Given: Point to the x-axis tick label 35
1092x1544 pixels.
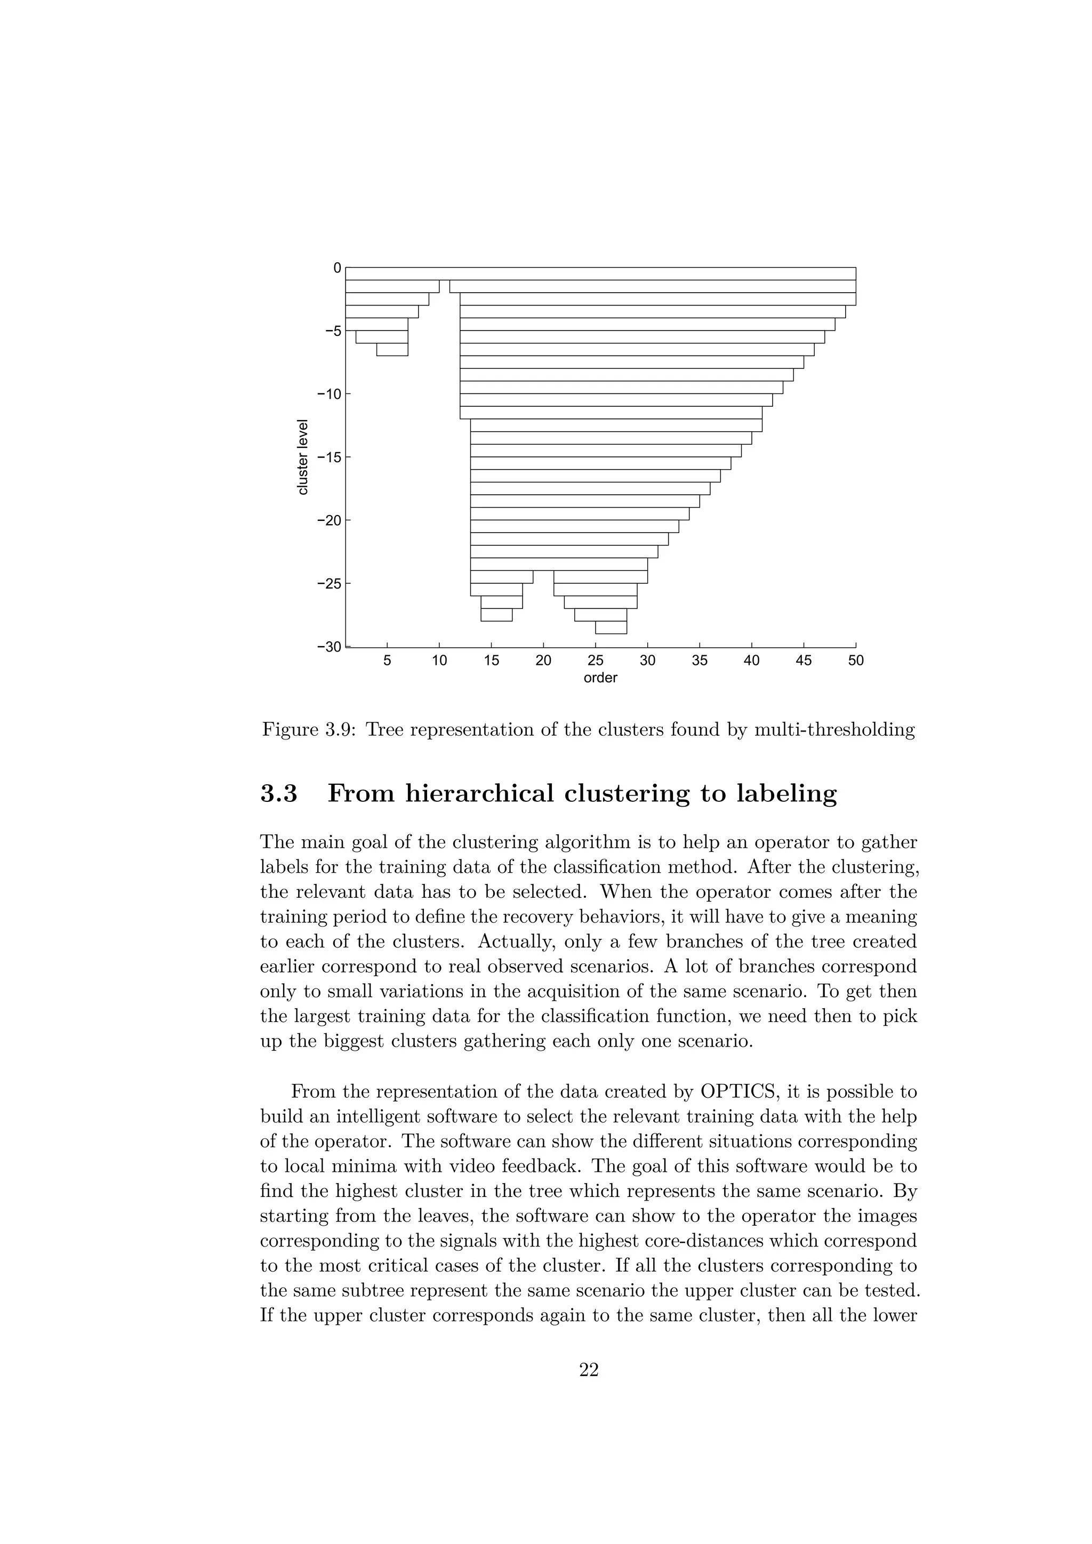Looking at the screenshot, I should pyautogui.click(x=700, y=661).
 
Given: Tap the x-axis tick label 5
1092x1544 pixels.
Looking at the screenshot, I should pyautogui.click(x=387, y=661).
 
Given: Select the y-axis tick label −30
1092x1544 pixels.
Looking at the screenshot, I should pyautogui.click(x=329, y=647).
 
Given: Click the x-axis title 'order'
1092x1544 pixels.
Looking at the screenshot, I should pyautogui.click(x=600, y=678).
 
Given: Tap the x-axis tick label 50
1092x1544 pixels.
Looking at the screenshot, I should pyautogui.click(x=855, y=661).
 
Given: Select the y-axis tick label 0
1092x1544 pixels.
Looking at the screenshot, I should pyautogui.click(x=337, y=268).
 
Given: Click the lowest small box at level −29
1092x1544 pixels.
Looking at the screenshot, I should pyautogui.click(x=611, y=628).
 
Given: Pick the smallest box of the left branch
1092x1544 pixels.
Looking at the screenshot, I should pyautogui.click(x=392, y=350).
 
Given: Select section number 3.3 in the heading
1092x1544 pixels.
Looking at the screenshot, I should pyautogui.click(x=279, y=793).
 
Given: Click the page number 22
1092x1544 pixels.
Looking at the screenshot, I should pyautogui.click(x=589, y=1370).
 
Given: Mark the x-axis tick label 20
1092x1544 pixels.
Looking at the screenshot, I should pyautogui.click(x=543, y=661).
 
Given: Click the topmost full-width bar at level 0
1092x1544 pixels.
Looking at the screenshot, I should pyautogui.click(x=600, y=274).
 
